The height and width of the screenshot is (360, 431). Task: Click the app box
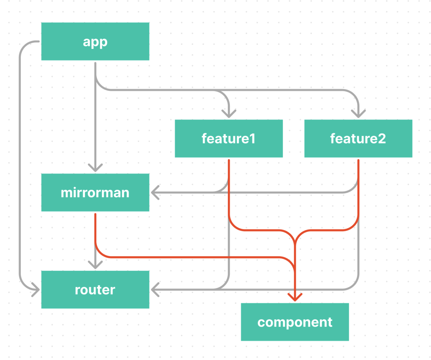point(95,41)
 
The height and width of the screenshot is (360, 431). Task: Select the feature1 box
point(228,138)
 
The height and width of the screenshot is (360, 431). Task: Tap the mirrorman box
point(95,193)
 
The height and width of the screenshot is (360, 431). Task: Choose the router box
point(95,290)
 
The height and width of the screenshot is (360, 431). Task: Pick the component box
point(295,322)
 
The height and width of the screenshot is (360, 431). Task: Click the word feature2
point(358,139)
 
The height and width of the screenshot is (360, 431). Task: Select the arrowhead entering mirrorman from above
point(95,168)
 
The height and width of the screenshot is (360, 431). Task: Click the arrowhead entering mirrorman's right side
point(155,193)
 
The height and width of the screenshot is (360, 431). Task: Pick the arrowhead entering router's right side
point(155,289)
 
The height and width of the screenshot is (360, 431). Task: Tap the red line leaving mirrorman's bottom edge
point(95,230)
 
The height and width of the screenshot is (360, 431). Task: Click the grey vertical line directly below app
point(95,126)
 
